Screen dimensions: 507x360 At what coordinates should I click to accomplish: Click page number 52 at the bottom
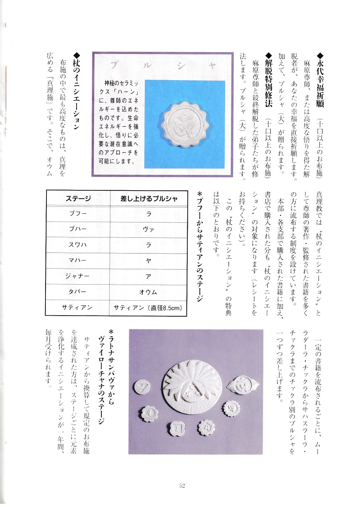[182, 486]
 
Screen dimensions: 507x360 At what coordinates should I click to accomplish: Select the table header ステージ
[78, 199]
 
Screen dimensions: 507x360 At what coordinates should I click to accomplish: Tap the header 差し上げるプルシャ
[149, 199]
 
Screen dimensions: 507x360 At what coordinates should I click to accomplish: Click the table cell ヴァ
[148, 229]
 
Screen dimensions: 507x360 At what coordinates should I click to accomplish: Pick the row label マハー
[78, 260]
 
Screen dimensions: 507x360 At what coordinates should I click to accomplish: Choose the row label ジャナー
[78, 276]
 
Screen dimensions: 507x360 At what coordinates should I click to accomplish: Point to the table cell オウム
[148, 292]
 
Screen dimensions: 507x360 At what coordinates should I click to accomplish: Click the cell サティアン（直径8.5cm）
[148, 308]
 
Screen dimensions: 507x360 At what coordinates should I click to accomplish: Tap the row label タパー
[78, 292]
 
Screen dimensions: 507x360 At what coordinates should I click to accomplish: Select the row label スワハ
[78, 245]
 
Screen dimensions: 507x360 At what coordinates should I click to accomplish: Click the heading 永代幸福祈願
[320, 80]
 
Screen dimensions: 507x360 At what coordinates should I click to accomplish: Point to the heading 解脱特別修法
[268, 80]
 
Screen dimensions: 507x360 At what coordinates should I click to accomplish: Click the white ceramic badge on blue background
[185, 125]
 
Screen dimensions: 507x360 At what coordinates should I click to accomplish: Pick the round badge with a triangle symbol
[141, 388]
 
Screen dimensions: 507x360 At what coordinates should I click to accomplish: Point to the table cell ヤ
[148, 261]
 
